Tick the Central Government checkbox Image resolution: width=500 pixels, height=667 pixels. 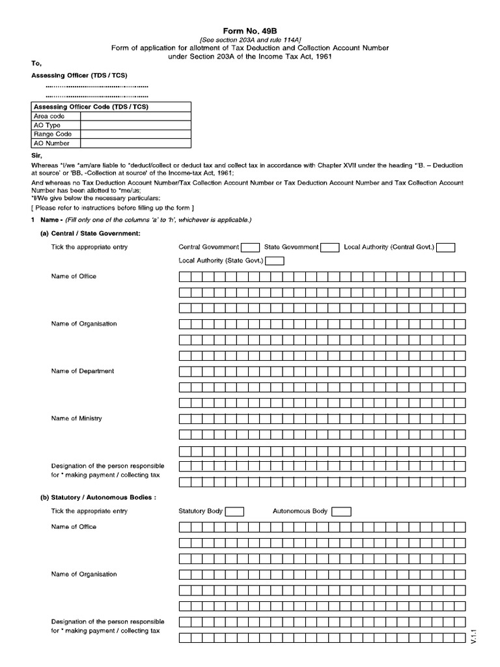pyautogui.click(x=250, y=247)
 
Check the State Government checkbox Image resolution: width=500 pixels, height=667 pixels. pyautogui.click(x=330, y=247)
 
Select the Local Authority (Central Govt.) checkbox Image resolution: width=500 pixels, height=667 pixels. pyautogui.click(x=446, y=247)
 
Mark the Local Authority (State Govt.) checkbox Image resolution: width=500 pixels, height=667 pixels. pyautogui.click(x=275, y=261)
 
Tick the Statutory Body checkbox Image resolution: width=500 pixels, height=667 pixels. pyautogui.click(x=234, y=511)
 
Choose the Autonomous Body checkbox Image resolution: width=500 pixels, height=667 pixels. pyautogui.click(x=341, y=511)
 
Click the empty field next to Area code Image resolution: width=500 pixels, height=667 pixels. pyautogui.click(x=135, y=116)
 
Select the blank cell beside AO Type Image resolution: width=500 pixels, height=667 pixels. pyautogui.click(x=135, y=125)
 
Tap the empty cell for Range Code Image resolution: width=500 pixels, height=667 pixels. pyautogui.click(x=135, y=134)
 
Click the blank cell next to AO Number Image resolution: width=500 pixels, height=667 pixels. pyautogui.click(x=135, y=143)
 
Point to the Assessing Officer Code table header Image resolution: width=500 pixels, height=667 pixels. pyautogui.click(x=90, y=107)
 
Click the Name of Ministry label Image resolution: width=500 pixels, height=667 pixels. pyautogui.click(x=76, y=418)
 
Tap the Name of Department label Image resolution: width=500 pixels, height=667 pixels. pyautogui.click(x=82, y=371)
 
